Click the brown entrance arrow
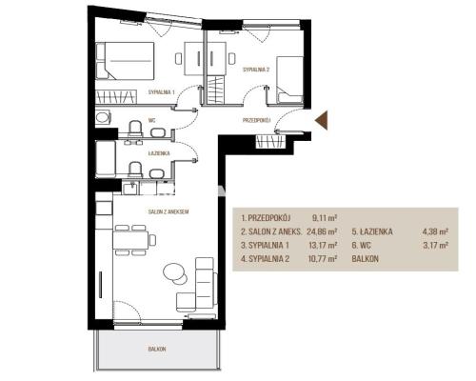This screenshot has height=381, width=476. [323, 121]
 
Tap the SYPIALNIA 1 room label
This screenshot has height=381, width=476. [162, 92]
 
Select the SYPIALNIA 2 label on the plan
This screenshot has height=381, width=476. [256, 70]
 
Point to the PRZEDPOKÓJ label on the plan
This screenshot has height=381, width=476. [256, 120]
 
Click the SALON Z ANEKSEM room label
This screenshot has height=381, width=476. [169, 211]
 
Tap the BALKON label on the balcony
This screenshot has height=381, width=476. [157, 349]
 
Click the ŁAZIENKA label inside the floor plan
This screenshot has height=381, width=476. [159, 153]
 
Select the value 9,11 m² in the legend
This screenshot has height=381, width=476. [325, 218]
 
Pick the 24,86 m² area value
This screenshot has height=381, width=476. [322, 231]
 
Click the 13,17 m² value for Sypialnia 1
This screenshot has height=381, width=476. [323, 245]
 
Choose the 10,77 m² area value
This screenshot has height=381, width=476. [323, 259]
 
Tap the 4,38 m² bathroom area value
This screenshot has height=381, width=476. [435, 231]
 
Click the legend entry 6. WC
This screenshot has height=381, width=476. [361, 245]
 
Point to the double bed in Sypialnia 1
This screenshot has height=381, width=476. [125, 61]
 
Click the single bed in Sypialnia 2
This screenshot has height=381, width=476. [289, 80]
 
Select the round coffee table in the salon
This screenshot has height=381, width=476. [174, 271]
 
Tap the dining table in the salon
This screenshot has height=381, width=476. [130, 240]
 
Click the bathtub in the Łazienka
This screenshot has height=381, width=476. [106, 159]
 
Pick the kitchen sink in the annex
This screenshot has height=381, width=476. [129, 189]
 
